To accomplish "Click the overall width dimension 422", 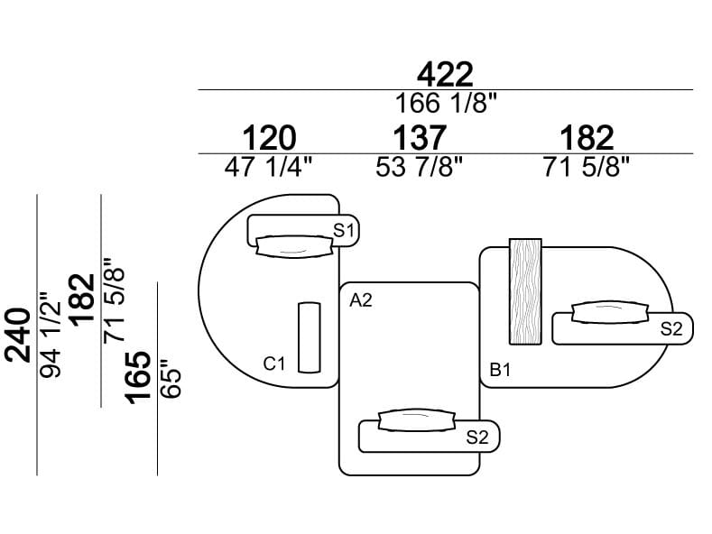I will click(444, 74).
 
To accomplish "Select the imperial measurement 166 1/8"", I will click(444, 103).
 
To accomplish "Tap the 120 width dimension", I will click(269, 138).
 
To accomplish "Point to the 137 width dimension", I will click(419, 138).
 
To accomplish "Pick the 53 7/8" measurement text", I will click(419, 167).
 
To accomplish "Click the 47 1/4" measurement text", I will click(269, 167).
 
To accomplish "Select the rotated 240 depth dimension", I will click(18, 334).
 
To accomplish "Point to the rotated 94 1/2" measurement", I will click(51, 334).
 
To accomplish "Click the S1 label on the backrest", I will click(344, 230).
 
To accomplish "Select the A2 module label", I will click(361, 300).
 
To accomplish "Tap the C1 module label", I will click(274, 364).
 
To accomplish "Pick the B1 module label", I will click(501, 370).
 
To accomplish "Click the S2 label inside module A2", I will click(476, 437).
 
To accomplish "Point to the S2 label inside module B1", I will click(670, 329).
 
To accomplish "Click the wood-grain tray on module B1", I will click(525, 291).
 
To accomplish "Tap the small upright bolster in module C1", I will click(309, 336).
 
